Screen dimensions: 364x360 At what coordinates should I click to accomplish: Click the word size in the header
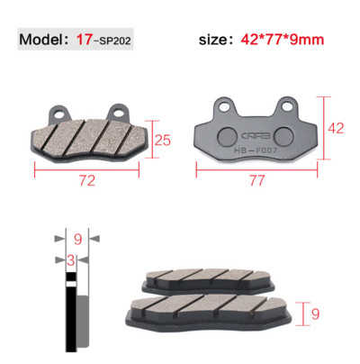[x=219, y=41]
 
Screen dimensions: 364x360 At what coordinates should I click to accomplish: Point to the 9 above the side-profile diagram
[x=77, y=239]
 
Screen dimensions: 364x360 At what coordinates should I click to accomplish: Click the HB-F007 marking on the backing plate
[x=255, y=151]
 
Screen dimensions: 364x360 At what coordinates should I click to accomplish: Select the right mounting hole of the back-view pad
[x=286, y=105]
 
